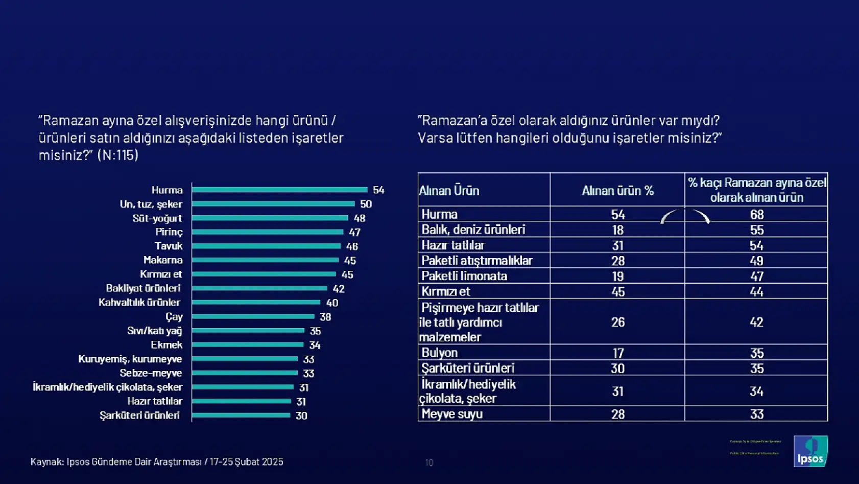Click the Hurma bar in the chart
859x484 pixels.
coord(279,190)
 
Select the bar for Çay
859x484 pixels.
coord(253,316)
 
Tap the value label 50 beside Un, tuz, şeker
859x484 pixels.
coord(366,204)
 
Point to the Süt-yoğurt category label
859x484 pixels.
coord(157,218)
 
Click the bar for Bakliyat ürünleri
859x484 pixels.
coord(259,288)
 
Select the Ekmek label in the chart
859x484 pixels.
coord(166,345)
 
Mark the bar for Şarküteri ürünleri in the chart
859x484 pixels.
coord(241,415)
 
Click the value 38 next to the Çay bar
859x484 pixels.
coord(325,317)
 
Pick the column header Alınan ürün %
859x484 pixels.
coord(617,190)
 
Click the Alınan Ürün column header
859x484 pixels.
coord(449,191)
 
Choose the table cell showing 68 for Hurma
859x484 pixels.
coord(756,214)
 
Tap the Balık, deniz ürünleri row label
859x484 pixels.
coord(473,229)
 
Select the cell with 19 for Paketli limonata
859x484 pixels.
coord(617,276)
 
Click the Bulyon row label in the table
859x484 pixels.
coord(439,353)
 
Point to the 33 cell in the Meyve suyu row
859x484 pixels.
coord(756,414)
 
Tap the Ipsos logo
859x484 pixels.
coord(810,451)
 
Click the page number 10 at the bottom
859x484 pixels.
coord(429,463)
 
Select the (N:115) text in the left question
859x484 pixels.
coord(118,155)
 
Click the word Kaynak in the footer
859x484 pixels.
coord(46,462)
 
